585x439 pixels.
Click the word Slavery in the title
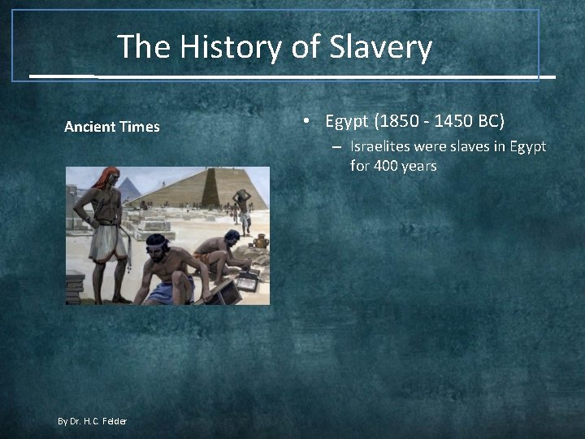[380, 47]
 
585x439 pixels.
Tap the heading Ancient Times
[112, 127]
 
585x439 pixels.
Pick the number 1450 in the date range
[455, 122]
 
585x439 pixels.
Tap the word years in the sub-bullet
[421, 166]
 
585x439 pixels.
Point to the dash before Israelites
[336, 148]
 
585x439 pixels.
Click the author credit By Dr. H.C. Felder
[92, 420]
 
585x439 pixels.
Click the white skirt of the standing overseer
[106, 242]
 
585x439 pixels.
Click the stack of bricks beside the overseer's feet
[75, 288]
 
